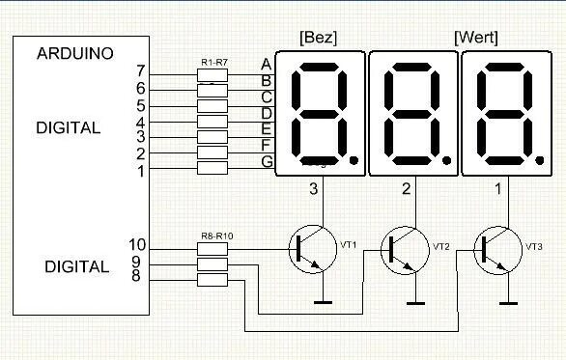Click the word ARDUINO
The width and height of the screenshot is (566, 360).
[77, 53]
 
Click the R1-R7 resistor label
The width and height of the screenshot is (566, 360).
[214, 62]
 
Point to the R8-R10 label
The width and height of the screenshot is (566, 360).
[214, 236]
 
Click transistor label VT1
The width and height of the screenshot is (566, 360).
[348, 246]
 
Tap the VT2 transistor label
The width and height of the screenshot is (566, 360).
[441, 246]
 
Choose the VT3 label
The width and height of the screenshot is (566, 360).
[533, 246]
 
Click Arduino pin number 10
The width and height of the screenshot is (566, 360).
[137, 245]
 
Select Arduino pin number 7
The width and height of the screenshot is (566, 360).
[141, 71]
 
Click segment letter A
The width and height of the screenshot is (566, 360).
[266, 64]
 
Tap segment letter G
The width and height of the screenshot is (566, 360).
[267, 161]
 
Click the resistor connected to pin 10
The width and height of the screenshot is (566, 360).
[212, 248]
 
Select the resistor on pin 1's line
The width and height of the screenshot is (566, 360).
[212, 169]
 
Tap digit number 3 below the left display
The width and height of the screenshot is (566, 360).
[313, 190]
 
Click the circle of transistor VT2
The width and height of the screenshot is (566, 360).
[407, 248]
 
